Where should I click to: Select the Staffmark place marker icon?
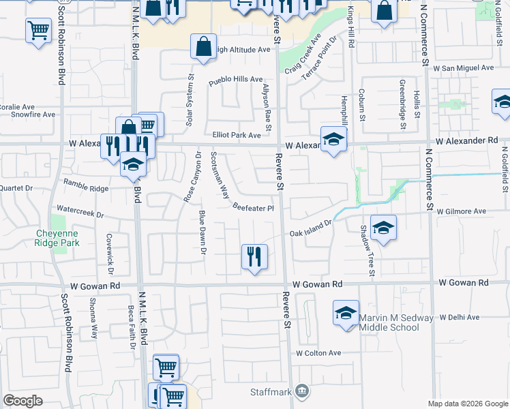pos(304,391)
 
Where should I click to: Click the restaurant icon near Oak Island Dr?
pos(254,257)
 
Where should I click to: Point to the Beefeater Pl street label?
pos(253,208)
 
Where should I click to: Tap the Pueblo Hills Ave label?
pos(235,79)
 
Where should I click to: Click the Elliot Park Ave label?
pos(237,136)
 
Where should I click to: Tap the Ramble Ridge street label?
pos(86,185)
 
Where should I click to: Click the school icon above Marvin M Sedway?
pos(346,313)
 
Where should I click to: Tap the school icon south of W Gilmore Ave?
pos(384,228)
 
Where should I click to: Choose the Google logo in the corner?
pos(22,401)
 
